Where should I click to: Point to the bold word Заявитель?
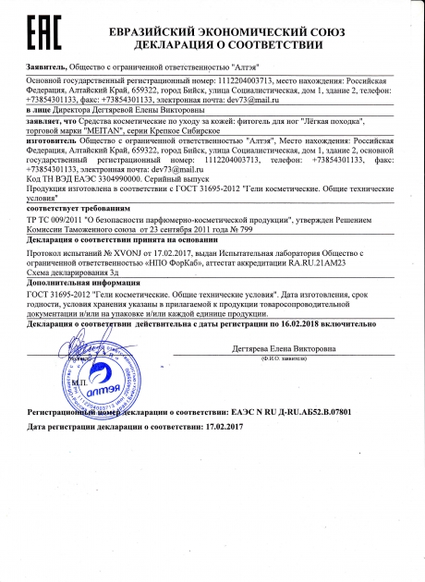(x=47, y=67)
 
